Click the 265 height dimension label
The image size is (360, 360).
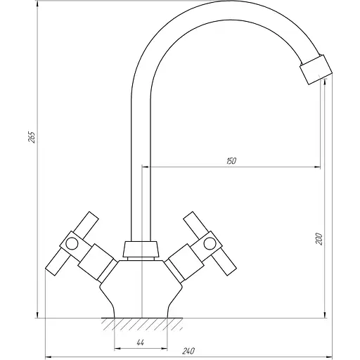pyautogui.click(x=32, y=137)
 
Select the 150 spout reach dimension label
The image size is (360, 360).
pyautogui.click(x=231, y=161)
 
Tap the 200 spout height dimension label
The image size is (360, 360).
pyautogui.click(x=319, y=239)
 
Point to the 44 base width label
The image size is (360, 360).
pyautogui.click(x=140, y=342)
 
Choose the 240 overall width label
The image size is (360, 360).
pyautogui.click(x=188, y=351)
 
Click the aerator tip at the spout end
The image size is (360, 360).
pyautogui.click(x=316, y=70)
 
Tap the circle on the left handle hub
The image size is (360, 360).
pyautogui.click(x=72, y=243)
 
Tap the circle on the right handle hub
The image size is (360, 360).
pyautogui.click(x=210, y=243)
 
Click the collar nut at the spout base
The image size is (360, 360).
pyautogui.click(x=141, y=249)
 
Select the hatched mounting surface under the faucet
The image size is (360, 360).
pyautogui.click(x=142, y=324)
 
